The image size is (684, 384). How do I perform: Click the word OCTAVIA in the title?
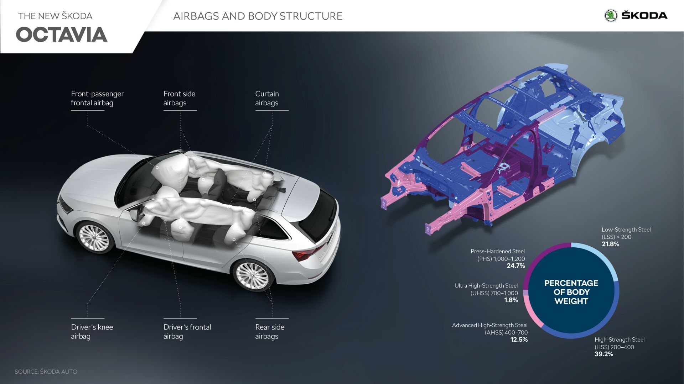pos(62,35)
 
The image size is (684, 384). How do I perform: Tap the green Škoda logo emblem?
pos(611,15)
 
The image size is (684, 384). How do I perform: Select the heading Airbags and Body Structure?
pos(258,16)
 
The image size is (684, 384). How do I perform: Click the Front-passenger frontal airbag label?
pos(97,98)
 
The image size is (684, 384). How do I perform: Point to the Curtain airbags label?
pos(267,98)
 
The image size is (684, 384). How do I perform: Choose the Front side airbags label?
pos(179,98)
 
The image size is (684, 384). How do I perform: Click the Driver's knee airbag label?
pos(92,332)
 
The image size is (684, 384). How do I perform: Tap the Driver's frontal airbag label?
pos(187,332)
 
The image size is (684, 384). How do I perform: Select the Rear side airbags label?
pos(270,332)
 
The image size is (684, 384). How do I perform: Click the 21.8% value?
pos(610,244)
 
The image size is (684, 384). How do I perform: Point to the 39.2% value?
pos(604,354)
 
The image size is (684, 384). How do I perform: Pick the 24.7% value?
pos(516,266)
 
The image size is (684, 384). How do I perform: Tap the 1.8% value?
pos(511,300)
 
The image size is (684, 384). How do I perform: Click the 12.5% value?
pos(519,340)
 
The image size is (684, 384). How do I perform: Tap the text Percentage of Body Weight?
pos(571,292)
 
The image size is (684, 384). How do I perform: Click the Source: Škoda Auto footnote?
pos(46,372)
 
